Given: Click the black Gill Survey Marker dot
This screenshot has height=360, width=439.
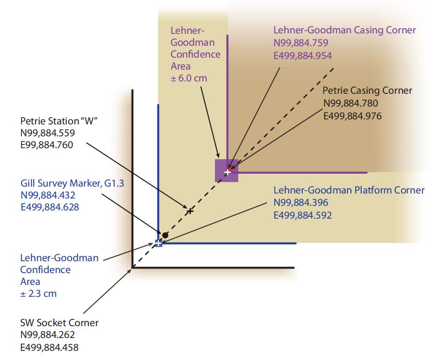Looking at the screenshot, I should tap(165, 235).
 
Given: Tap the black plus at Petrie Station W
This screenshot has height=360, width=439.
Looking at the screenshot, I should tap(190, 211).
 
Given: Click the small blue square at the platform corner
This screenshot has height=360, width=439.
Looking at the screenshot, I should tap(158, 242).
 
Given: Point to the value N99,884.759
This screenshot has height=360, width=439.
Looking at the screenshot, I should tap(301, 43).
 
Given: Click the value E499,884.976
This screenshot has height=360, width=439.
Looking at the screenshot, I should tap(352, 116).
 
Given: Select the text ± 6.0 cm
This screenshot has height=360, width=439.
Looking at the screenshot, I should tap(189, 78).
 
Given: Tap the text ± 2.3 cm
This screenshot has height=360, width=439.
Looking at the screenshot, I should tap(38, 294).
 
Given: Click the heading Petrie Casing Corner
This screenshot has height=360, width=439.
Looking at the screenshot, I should tap(367, 91).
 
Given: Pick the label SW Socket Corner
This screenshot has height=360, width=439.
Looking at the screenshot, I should tap(59, 323).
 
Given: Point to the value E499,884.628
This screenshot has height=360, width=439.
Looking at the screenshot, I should tap(49, 207).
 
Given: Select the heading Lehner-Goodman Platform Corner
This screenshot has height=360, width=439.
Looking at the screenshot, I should tap(349, 190).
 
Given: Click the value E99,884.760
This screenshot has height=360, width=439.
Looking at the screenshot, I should tap(47, 145).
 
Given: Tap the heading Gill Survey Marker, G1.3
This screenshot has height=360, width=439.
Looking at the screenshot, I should tap(72, 183).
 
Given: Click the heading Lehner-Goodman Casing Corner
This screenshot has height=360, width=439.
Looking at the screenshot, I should tap(344, 30).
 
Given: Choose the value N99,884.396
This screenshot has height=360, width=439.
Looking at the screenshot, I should tap(301, 203).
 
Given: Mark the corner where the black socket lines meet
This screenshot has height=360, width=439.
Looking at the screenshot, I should tap(133, 267).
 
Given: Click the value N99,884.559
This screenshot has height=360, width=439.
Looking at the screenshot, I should tap(47, 133).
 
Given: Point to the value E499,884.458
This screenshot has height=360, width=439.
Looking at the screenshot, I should tap(49, 348).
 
